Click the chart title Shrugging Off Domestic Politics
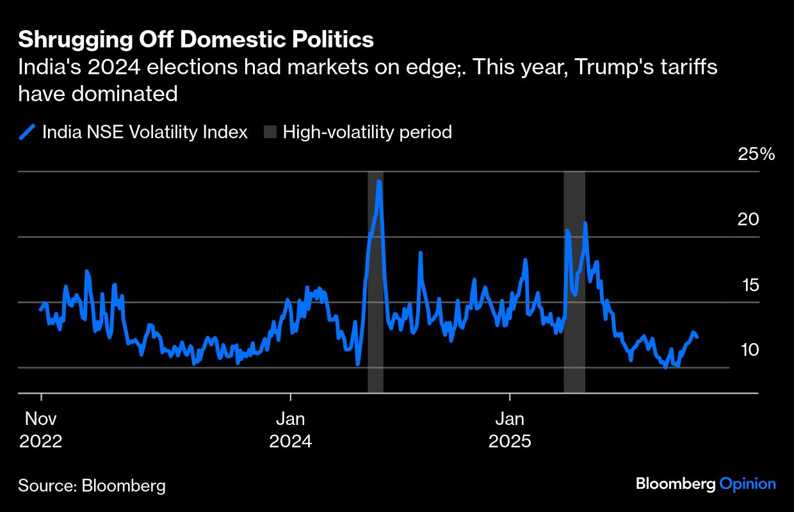coord(195,40)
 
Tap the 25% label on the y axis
coord(757,154)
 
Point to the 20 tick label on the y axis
coord(747,220)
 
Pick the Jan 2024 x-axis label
coord(291,430)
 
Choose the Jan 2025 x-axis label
coord(510,430)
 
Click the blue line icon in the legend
coord(27,132)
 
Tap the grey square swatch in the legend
coord(270,132)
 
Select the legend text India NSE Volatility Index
coord(145,132)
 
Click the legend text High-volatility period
coord(368,132)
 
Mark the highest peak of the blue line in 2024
coord(380,182)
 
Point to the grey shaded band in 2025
coord(574,282)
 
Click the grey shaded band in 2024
coord(375,282)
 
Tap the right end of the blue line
coord(697,337)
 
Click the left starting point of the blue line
coord(40,310)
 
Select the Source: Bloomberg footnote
coord(92,486)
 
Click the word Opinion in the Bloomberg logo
coord(747,484)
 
